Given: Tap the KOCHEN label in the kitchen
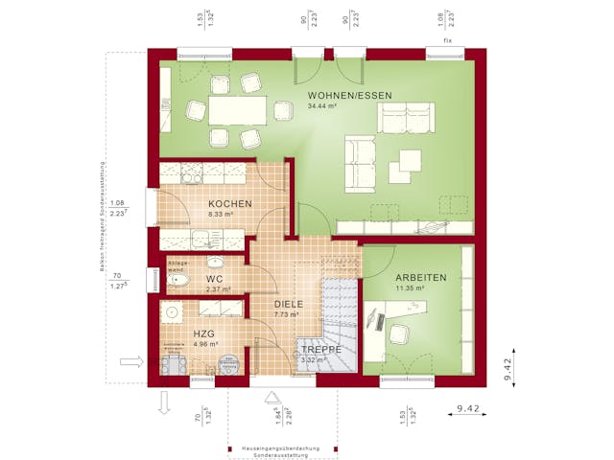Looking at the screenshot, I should (230, 204).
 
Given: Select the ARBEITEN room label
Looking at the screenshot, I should (420, 278).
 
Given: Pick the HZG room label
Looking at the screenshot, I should (203, 333).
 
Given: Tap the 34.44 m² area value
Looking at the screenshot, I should (322, 106).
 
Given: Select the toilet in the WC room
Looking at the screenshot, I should (174, 280).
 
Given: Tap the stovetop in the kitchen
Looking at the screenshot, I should (188, 173).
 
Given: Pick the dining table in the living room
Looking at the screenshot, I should (231, 111).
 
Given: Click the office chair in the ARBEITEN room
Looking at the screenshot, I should (399, 334).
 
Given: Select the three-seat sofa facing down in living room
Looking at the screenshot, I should (406, 118).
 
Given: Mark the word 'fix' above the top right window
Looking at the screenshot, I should (447, 42).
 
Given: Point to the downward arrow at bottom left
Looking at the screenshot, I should (163, 404).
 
